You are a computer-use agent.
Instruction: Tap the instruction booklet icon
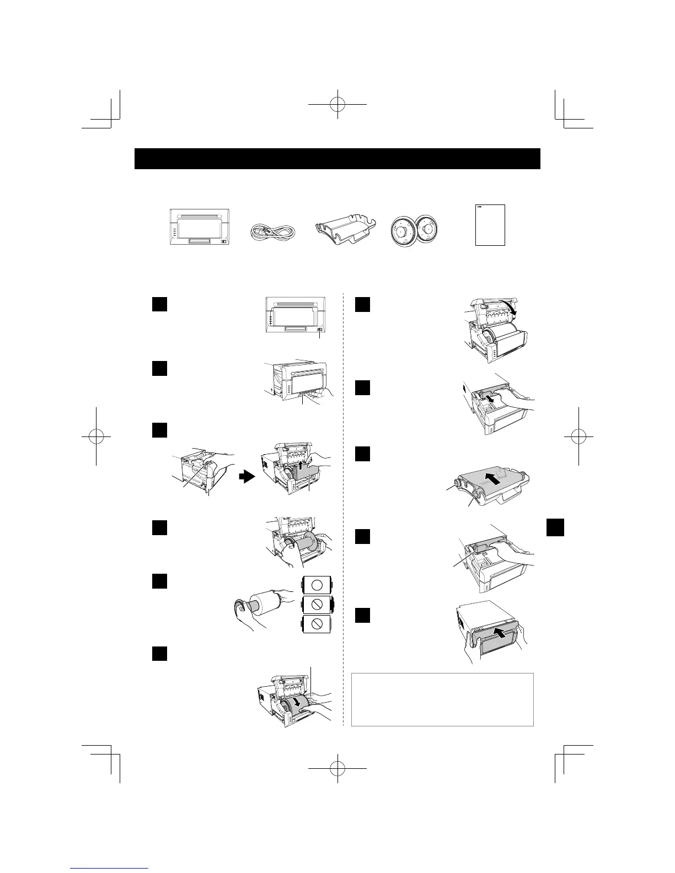point(490,225)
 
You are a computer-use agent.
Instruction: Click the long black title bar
point(337,159)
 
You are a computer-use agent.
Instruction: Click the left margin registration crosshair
point(96,435)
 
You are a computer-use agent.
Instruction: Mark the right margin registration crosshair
point(578,435)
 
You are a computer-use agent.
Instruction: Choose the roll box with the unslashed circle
point(317,585)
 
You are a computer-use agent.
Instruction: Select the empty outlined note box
point(442,699)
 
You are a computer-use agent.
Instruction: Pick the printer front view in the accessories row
point(199,227)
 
